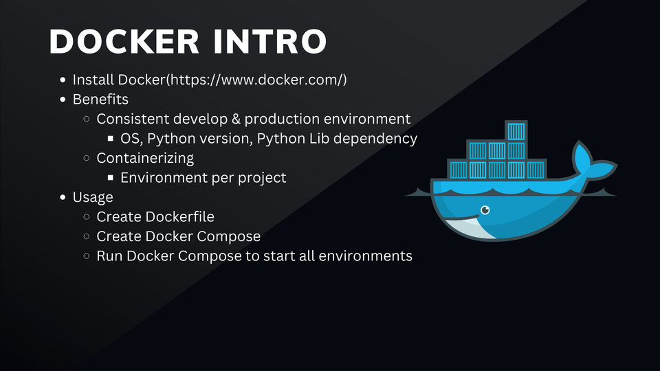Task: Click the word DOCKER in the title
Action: click(x=124, y=41)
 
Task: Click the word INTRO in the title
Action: click(x=269, y=41)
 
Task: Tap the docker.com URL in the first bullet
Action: click(x=258, y=80)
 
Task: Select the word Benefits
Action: click(x=100, y=99)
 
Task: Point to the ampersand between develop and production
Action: click(x=236, y=119)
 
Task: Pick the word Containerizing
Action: click(x=145, y=158)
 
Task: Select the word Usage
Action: click(x=93, y=197)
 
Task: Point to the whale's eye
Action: click(x=485, y=210)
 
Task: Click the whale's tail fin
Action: click(x=591, y=162)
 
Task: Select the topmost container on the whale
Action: click(x=516, y=131)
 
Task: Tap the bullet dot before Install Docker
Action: click(x=63, y=80)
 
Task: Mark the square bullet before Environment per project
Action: click(x=110, y=177)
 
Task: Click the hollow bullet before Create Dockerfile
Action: click(x=87, y=216)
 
